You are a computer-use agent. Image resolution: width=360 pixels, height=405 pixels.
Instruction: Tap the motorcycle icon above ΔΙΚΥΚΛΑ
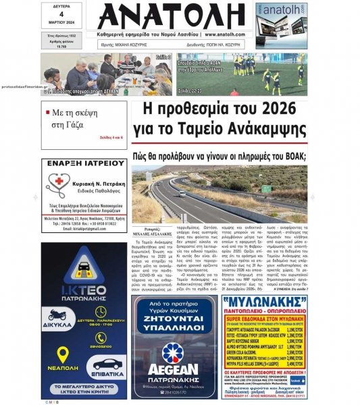[57, 316]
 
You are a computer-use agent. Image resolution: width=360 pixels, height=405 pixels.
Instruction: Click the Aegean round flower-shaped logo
[174, 353]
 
